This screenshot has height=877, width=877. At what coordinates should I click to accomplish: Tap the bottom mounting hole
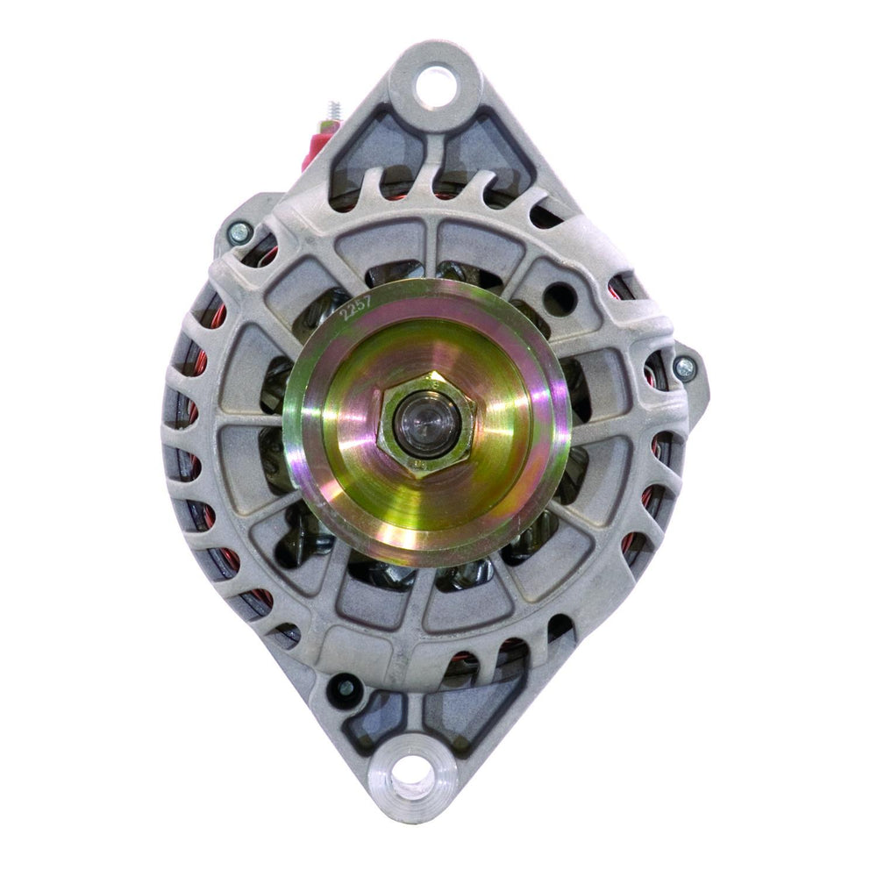click(x=411, y=779)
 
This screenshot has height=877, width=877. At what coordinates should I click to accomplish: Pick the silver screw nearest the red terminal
click(x=238, y=232)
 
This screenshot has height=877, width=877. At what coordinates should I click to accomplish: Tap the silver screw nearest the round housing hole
click(x=684, y=368)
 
